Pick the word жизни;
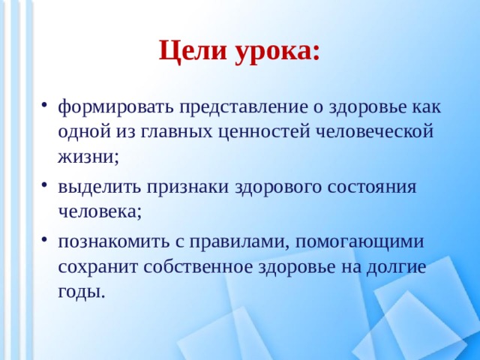pyautogui.click(x=88, y=157)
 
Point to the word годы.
pyautogui.click(x=81, y=292)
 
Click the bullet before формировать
pyautogui.click(x=46, y=105)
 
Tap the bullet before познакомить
pyautogui.click(x=46, y=240)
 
